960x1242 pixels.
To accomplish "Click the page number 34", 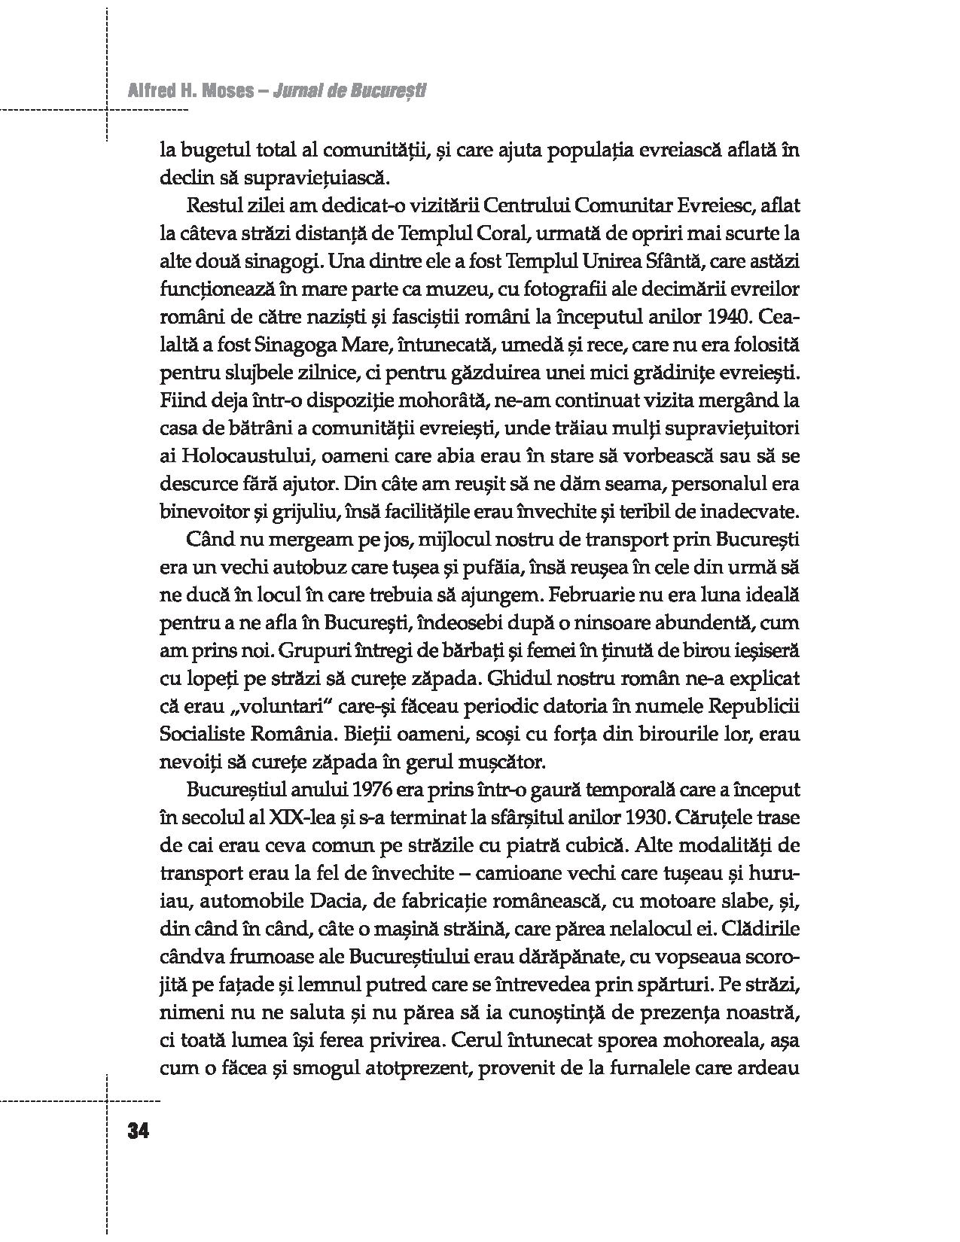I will [x=140, y=1131].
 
